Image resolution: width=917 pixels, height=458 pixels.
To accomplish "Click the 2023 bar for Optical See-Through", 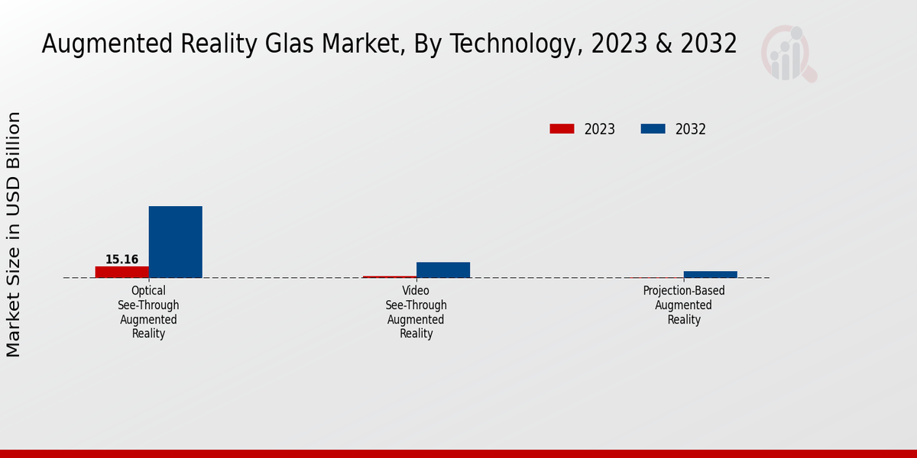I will click(x=122, y=272).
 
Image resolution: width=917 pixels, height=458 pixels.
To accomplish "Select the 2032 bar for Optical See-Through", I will click(x=175, y=242).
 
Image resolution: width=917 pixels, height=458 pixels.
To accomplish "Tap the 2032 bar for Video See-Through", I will click(x=442, y=269).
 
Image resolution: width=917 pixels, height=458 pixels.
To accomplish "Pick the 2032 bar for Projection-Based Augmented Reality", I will click(x=710, y=274).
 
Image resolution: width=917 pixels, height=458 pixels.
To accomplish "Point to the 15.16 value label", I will click(x=122, y=260).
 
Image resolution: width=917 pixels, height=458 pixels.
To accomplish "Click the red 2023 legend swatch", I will click(x=562, y=129).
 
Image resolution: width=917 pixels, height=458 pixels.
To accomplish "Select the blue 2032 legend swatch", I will click(x=653, y=129).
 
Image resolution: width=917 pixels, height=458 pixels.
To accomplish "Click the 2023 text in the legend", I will click(x=599, y=129).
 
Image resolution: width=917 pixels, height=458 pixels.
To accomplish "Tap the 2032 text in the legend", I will click(x=690, y=129).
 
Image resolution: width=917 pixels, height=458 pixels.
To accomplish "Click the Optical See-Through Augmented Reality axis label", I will click(x=148, y=312).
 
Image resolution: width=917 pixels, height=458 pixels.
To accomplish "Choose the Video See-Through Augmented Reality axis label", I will click(x=416, y=312).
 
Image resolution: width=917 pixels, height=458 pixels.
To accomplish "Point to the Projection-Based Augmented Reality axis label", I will click(x=684, y=305).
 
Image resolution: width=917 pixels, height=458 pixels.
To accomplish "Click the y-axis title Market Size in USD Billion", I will click(x=14, y=234).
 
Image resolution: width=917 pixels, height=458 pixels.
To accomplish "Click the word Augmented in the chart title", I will click(x=106, y=44).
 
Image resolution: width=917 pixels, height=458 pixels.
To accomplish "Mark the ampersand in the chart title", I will click(x=663, y=44).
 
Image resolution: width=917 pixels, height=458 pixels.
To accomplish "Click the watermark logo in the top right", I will click(x=788, y=53).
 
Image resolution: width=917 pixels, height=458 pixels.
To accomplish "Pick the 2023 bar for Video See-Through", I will click(x=389, y=276).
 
